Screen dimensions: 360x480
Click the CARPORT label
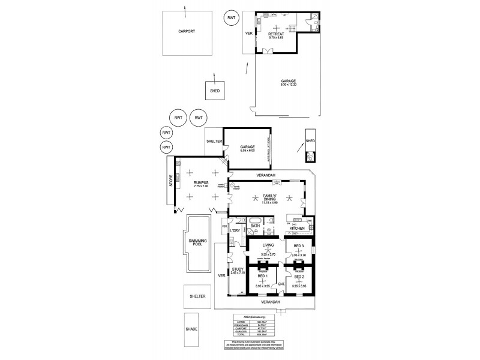point(187,32)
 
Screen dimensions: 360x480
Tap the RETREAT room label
point(275,35)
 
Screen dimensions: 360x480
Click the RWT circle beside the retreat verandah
point(232,18)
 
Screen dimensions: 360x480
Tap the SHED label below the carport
point(214,91)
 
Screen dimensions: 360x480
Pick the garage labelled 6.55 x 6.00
point(248,148)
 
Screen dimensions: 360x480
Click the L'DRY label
point(235,232)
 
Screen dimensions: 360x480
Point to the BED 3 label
point(298,247)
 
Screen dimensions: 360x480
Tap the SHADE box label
point(191,329)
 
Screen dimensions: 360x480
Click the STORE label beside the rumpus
point(171,181)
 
